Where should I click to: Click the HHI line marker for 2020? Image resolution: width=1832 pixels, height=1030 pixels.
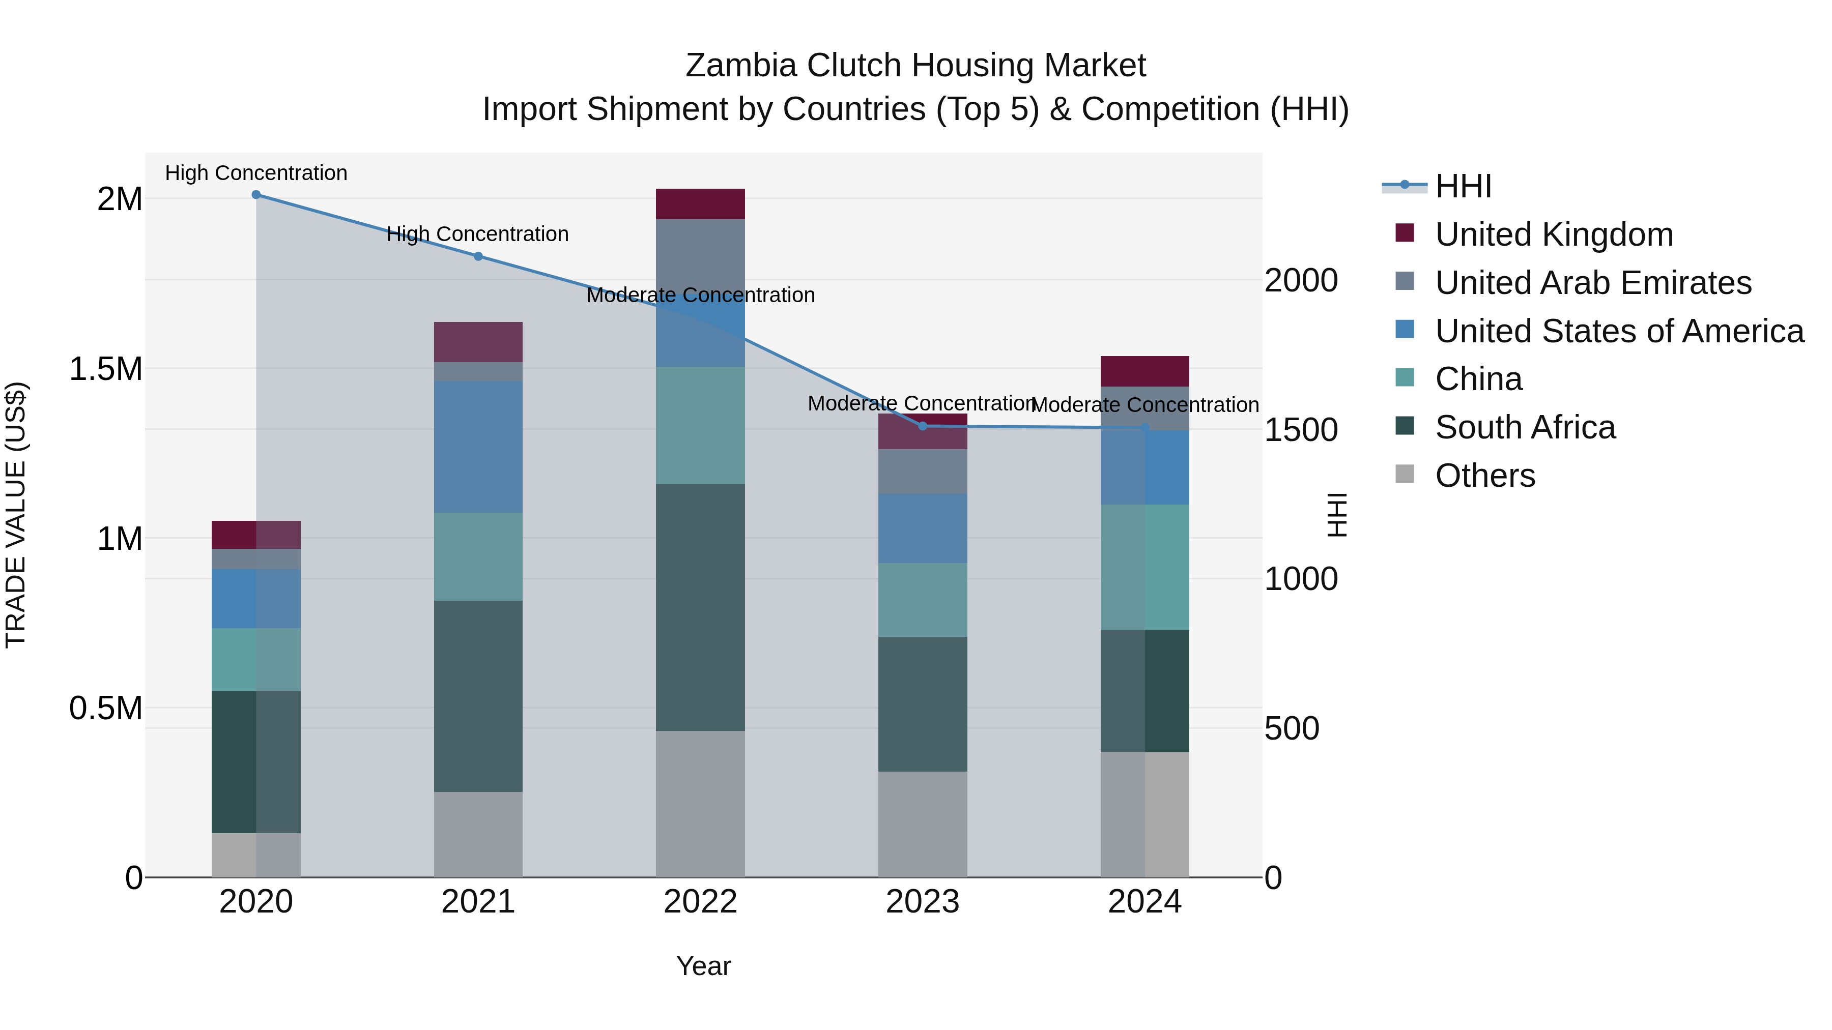pos(256,195)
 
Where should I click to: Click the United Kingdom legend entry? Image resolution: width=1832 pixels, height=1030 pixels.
pos(1554,234)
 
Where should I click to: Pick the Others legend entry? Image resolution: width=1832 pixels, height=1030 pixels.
pos(1485,476)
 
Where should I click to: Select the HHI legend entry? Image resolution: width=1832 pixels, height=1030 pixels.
pos(1463,186)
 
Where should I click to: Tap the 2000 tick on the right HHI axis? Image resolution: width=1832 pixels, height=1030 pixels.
pos(1301,281)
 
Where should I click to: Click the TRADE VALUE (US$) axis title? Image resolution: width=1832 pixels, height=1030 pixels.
pos(16,515)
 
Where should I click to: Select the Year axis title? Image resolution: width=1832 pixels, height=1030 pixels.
pos(703,966)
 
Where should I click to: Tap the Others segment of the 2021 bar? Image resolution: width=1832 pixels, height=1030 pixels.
pos(478,835)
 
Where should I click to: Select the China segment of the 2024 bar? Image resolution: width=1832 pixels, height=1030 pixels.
pos(1144,567)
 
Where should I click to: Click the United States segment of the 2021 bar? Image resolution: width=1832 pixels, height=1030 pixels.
pos(478,447)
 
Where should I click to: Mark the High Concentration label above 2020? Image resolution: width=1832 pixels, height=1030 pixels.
pos(256,173)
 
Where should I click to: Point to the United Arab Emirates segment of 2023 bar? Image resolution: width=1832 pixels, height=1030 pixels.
pos(923,472)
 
